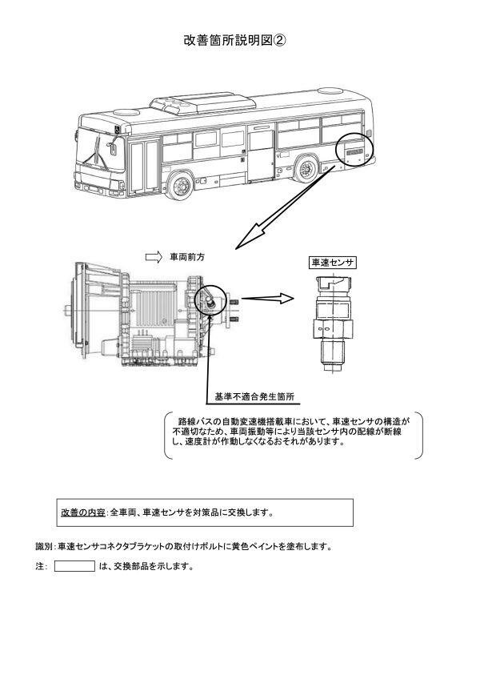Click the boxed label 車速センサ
(x=332, y=263)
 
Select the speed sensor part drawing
(x=331, y=321)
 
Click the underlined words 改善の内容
(x=82, y=512)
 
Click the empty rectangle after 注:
(x=74, y=566)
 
